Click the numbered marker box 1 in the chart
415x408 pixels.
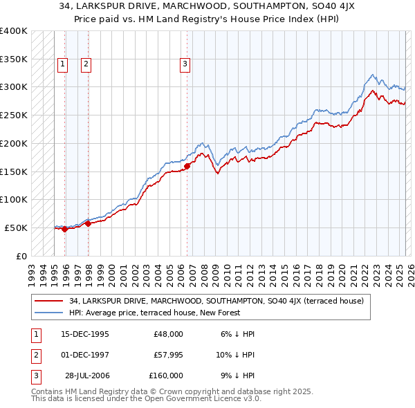coord(62,65)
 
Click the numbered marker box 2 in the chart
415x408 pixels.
coord(86,65)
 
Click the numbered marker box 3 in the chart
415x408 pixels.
coord(185,65)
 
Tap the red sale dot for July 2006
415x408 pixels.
coord(187,166)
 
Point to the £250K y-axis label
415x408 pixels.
coord(14,115)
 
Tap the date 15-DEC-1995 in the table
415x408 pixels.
coord(85,334)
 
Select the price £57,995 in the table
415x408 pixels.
coord(168,355)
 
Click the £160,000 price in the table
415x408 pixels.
coord(166,375)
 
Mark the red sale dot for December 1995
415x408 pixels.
coord(65,229)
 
